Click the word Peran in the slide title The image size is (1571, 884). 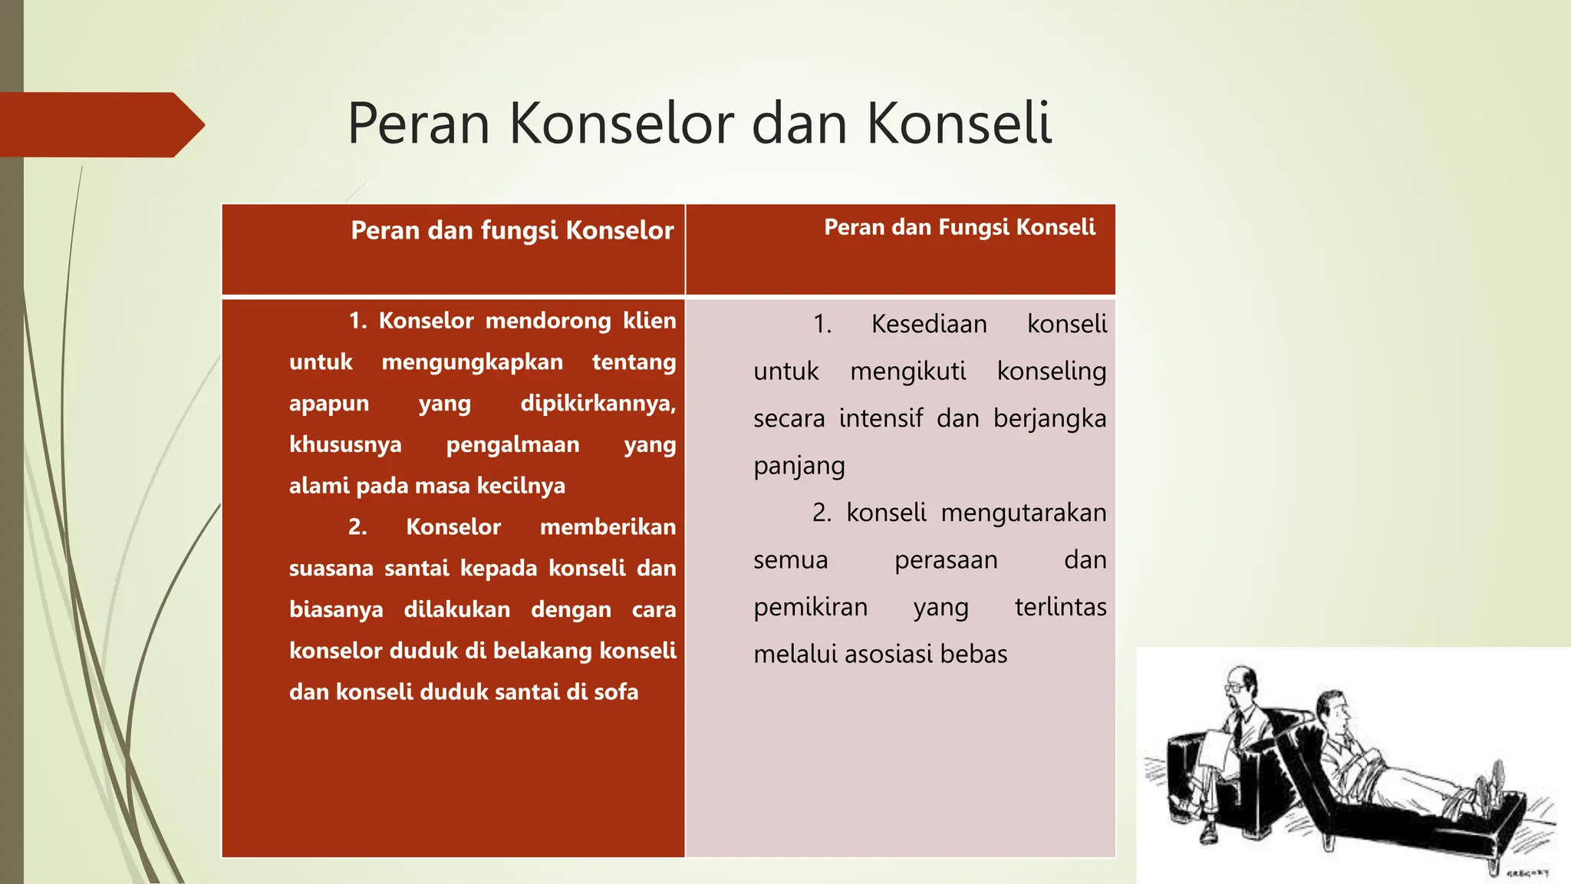418,124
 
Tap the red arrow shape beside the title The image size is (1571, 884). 100,125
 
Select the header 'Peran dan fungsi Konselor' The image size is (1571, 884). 512,230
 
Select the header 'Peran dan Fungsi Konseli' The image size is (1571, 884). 959,227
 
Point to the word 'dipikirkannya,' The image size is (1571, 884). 598,404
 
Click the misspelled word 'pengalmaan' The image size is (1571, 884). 512,445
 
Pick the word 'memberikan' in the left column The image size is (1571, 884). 608,527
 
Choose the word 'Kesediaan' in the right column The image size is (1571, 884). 929,325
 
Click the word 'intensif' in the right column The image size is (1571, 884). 881,419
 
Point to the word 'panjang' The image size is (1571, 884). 799,467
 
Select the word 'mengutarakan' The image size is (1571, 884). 1023,513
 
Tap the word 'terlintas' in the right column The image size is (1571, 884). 1060,607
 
